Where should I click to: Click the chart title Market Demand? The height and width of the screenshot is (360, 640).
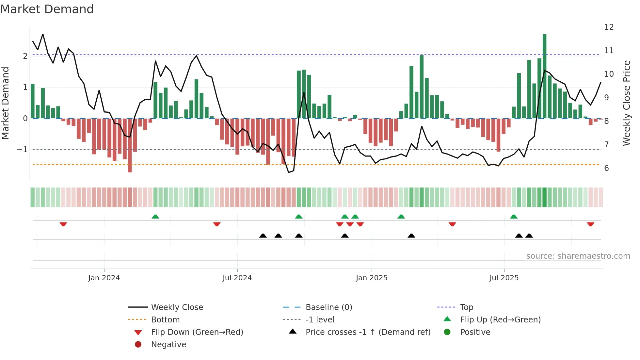[47, 9]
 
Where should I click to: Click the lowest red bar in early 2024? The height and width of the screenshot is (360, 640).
[130, 145]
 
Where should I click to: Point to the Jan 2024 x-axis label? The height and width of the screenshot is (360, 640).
[104, 278]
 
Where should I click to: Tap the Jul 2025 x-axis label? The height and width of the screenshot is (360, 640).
[504, 278]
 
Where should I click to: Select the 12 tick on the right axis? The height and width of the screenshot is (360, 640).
[609, 27]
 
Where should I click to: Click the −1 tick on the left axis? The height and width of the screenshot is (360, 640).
[22, 150]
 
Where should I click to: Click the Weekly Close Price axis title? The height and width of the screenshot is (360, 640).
[626, 103]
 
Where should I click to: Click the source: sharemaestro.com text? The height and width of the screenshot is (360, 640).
[578, 256]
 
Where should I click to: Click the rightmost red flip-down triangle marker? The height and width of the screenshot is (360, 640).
[590, 224]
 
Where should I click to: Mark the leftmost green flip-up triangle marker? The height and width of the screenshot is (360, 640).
[155, 217]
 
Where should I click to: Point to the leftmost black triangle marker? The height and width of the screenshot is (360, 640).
[263, 236]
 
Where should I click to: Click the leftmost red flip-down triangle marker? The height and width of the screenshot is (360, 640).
[63, 224]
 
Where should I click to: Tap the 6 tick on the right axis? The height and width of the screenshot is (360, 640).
[606, 168]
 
